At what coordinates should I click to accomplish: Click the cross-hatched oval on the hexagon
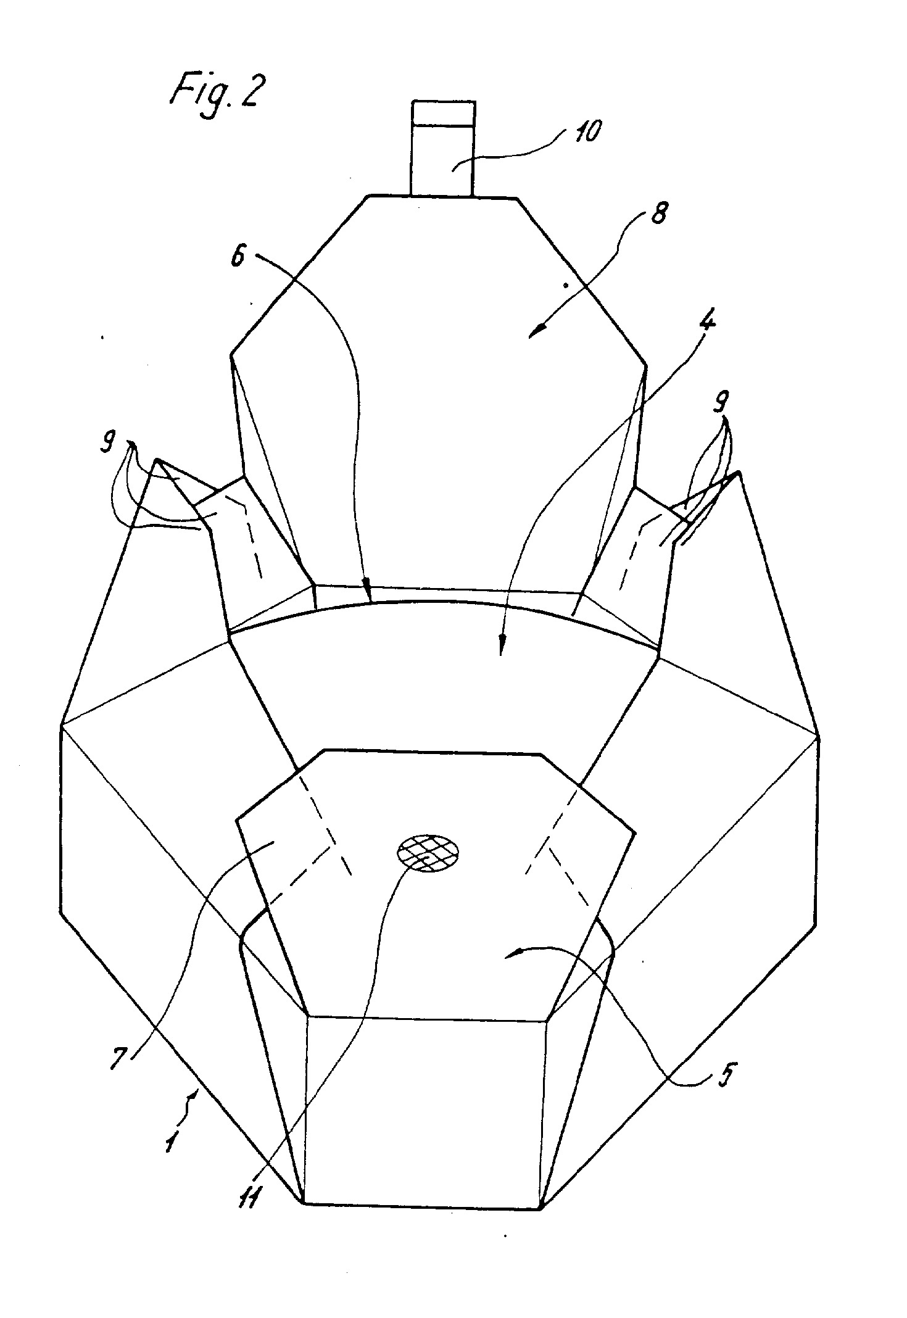click(x=428, y=854)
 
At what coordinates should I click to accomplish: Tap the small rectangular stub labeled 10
click(x=443, y=148)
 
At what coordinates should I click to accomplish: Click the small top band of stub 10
click(x=443, y=113)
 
